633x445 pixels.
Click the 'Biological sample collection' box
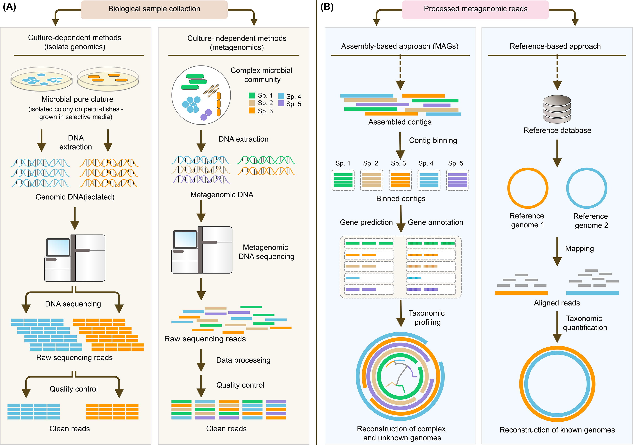pos(154,9)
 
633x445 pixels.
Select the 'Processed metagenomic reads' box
pos(475,9)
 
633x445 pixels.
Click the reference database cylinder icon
pos(557,109)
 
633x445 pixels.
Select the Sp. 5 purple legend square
pos(281,104)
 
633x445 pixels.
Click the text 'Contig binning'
pos(433,141)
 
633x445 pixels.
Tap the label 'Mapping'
pos(579,249)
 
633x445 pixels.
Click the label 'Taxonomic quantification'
pos(584,323)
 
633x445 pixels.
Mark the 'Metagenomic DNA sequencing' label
pos(266,252)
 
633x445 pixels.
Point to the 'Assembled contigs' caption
pos(400,122)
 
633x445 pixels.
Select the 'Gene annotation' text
pos(435,222)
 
